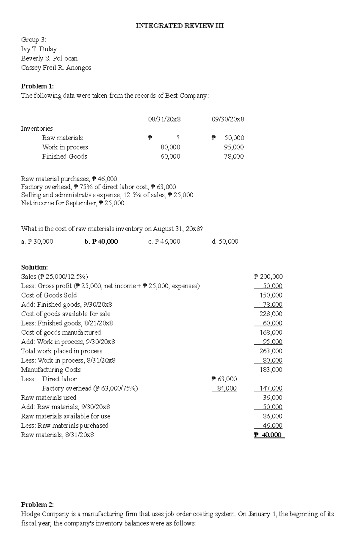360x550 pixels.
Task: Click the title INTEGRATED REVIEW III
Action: coord(179,26)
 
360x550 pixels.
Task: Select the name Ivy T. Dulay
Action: coord(39,49)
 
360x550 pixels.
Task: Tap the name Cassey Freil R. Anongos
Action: coord(56,68)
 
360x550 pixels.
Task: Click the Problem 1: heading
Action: coord(37,86)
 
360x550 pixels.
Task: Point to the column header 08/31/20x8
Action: coord(164,119)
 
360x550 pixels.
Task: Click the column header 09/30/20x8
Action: coord(228,119)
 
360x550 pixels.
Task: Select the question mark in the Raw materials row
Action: coord(178,138)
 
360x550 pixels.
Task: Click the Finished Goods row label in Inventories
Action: coord(64,156)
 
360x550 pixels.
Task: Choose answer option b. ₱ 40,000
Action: coord(101,242)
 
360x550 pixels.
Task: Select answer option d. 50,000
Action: coord(225,242)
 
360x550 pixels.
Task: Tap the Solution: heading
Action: coord(34,267)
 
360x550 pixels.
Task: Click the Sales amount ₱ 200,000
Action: coord(268,277)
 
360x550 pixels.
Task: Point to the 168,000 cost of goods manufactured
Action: coord(271,332)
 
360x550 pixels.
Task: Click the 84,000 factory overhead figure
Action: coord(227,388)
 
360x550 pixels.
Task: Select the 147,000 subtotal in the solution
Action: coord(271,388)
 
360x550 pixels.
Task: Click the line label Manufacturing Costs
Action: coord(51,370)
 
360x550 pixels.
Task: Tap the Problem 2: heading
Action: coord(37,505)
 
